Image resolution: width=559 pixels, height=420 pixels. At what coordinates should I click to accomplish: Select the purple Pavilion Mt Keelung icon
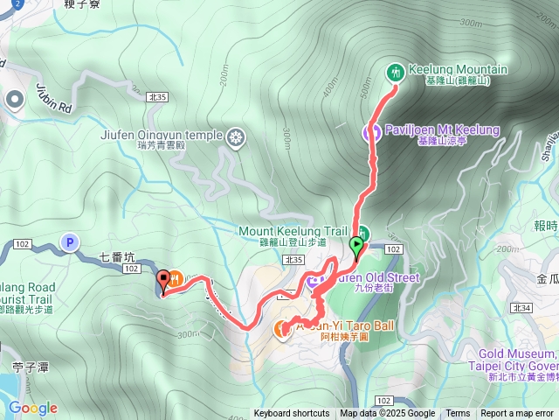click(x=370, y=132)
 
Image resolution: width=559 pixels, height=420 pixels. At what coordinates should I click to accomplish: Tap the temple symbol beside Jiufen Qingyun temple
click(x=236, y=136)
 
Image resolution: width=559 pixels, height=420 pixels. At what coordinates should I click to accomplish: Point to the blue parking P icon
click(x=69, y=241)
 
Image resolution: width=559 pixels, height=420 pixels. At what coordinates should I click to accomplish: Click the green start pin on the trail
click(x=356, y=246)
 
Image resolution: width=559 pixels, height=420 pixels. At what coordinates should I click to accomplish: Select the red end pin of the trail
click(x=163, y=281)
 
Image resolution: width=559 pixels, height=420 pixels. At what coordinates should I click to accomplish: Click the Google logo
click(x=32, y=408)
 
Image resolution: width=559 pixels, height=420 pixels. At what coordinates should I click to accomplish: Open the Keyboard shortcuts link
click(x=292, y=414)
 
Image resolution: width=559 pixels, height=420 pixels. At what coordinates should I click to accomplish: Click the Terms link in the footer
click(x=458, y=414)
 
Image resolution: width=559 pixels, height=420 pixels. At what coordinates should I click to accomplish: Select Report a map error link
click(x=517, y=414)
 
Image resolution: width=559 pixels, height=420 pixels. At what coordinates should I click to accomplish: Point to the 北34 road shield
click(x=523, y=308)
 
